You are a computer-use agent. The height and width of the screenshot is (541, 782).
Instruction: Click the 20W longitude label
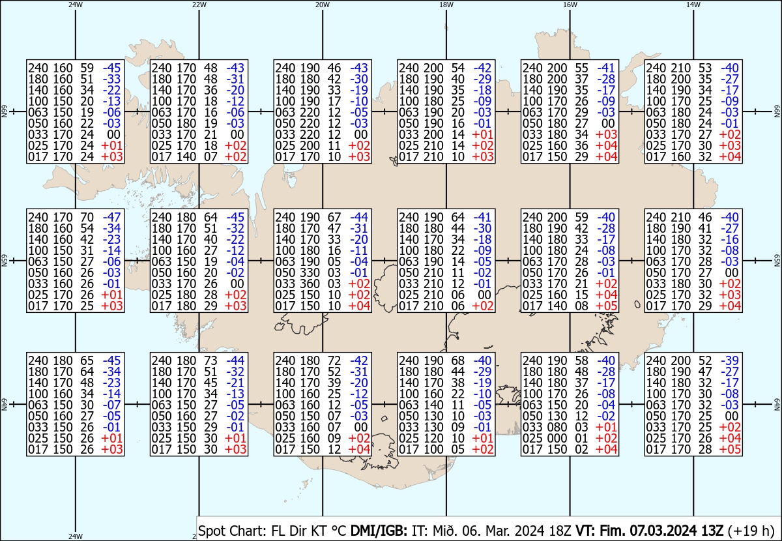[322, 5]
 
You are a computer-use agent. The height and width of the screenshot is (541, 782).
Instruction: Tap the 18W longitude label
[446, 5]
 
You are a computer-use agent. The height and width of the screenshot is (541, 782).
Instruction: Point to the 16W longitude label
[570, 5]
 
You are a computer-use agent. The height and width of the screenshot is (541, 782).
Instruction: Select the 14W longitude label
[693, 5]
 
